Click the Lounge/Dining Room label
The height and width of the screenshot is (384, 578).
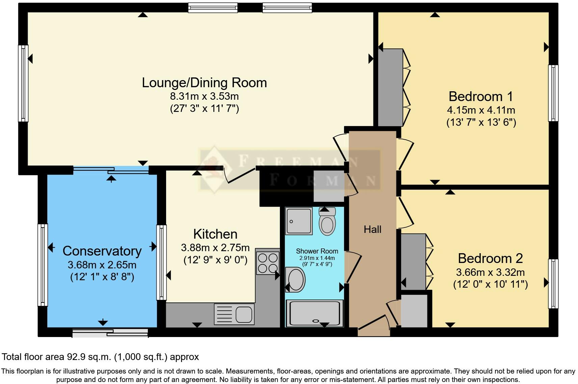click(204, 83)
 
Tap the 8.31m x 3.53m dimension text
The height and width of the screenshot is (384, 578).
click(204, 96)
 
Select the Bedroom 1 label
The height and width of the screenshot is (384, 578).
click(481, 97)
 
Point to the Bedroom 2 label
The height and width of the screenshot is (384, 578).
click(490, 259)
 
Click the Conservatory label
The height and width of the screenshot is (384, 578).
click(102, 251)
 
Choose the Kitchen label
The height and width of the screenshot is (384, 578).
click(215, 234)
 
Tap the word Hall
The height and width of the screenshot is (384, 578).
click(372, 230)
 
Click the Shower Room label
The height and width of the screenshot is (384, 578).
click(317, 251)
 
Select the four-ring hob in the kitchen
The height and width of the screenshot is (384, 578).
click(268, 263)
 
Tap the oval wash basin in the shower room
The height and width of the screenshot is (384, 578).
click(296, 280)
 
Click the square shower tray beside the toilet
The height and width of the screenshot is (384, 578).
click(298, 221)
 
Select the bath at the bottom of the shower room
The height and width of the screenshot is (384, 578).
click(314, 313)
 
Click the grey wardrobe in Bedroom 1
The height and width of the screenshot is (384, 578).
click(390, 88)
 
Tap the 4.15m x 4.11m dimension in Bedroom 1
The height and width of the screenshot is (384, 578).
click(481, 110)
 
